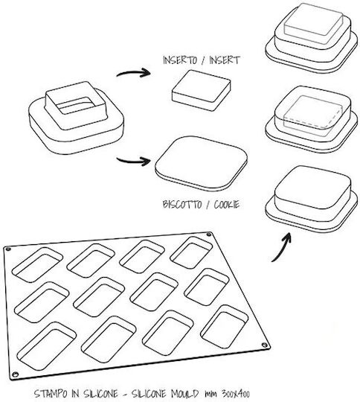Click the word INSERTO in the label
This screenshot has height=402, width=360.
pyautogui.click(x=180, y=60)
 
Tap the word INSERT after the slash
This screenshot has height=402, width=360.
pyautogui.click(x=225, y=60)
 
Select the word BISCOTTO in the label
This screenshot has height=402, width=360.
pyautogui.click(x=182, y=205)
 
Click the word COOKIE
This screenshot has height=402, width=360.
pyautogui.click(x=227, y=205)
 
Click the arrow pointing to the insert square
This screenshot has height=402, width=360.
pyautogui.click(x=133, y=73)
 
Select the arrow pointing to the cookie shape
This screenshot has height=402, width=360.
pyautogui.click(x=133, y=161)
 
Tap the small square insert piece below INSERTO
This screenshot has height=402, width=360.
pyautogui.click(x=201, y=90)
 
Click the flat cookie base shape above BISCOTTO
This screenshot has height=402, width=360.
pyautogui.click(x=201, y=164)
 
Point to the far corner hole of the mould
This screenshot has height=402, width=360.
pyautogui.click(x=209, y=234)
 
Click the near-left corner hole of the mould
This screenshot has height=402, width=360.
pyautogui.click(x=16, y=374)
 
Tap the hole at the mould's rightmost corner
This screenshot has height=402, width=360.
pyautogui.click(x=264, y=345)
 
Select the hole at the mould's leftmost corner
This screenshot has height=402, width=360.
pyautogui.click(x=8, y=249)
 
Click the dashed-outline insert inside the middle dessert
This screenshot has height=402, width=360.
pyautogui.click(x=312, y=116)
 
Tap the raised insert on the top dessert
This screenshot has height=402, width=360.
pyautogui.click(x=313, y=21)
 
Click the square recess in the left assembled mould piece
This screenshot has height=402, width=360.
pyautogui.click(x=76, y=105)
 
